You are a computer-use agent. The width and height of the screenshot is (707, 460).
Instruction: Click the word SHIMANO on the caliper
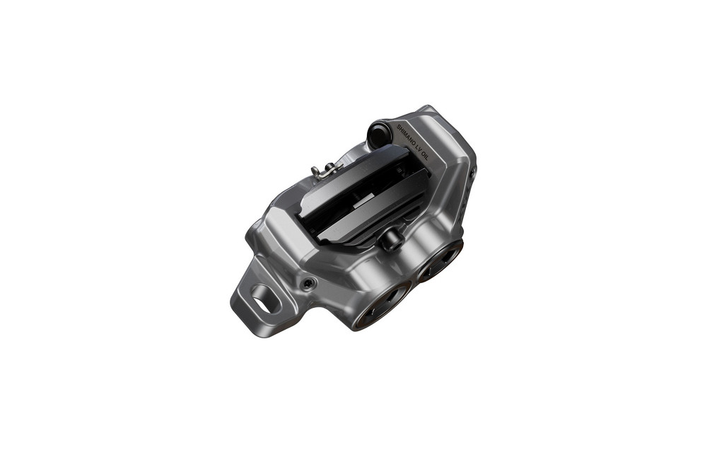click(406, 135)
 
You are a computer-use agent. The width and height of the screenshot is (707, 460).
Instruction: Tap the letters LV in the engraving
click(420, 150)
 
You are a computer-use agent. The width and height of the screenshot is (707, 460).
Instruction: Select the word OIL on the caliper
click(425, 158)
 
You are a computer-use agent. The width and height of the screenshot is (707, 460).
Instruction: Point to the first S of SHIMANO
click(398, 127)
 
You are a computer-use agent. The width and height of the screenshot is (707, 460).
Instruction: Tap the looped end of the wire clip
click(316, 171)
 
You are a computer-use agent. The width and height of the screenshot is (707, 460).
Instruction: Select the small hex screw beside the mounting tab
click(308, 284)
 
